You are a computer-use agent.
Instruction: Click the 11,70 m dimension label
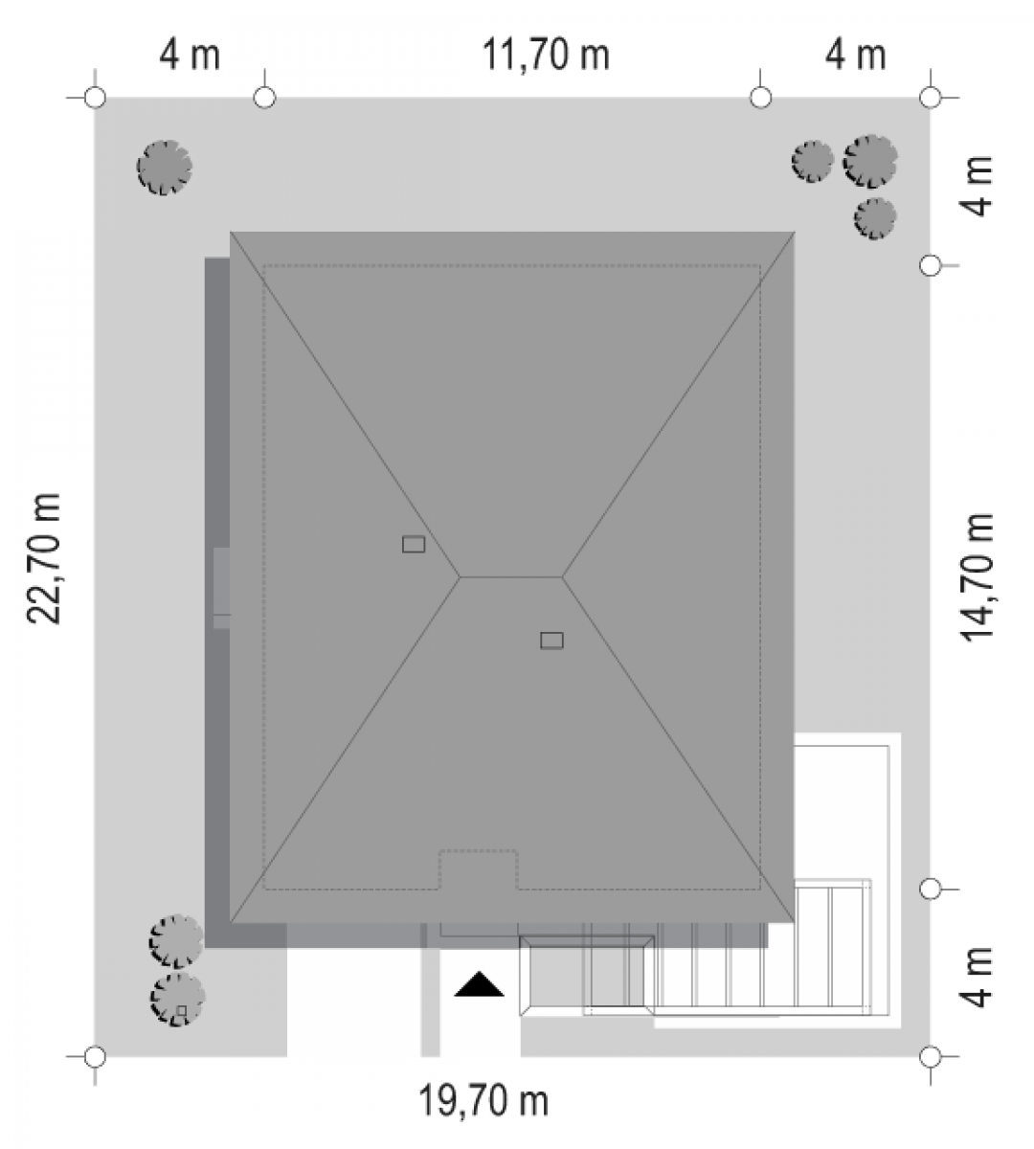[546, 55]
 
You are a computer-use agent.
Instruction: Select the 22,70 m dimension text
[43, 558]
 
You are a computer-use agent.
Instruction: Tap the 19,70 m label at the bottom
[484, 1101]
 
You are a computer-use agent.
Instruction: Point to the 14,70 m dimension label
[978, 577]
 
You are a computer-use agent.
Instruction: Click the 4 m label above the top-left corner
[190, 55]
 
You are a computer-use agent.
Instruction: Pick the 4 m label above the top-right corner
[855, 55]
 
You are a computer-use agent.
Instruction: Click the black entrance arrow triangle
[479, 984]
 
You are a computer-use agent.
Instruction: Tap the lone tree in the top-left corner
[165, 168]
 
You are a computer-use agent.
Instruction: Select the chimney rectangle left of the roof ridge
[414, 544]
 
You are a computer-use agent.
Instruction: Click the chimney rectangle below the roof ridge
[551, 641]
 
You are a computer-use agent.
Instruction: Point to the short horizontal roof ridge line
[511, 576]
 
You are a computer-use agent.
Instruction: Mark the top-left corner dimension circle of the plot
[95, 98]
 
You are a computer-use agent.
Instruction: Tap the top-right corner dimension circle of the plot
[931, 98]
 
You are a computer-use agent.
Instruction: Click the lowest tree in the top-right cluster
[875, 218]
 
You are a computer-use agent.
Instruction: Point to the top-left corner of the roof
[231, 232]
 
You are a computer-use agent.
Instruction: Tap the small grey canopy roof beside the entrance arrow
[587, 976]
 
